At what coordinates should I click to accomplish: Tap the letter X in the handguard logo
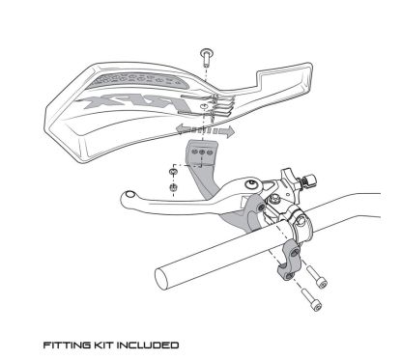97,102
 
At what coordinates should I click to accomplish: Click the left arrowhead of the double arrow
182,128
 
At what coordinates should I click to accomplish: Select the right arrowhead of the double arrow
228,131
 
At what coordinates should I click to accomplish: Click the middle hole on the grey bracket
203,152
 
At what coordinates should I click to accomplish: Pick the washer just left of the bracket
173,171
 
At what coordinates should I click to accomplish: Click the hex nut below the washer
173,186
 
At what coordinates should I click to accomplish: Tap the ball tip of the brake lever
129,194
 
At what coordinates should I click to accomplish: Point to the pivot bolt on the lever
251,184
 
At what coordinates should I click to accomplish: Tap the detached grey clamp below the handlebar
290,260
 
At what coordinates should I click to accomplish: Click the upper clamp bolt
316,276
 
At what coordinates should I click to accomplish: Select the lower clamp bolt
311,299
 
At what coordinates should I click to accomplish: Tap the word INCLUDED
148,346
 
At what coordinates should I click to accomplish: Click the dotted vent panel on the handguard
135,81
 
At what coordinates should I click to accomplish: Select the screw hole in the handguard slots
203,106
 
